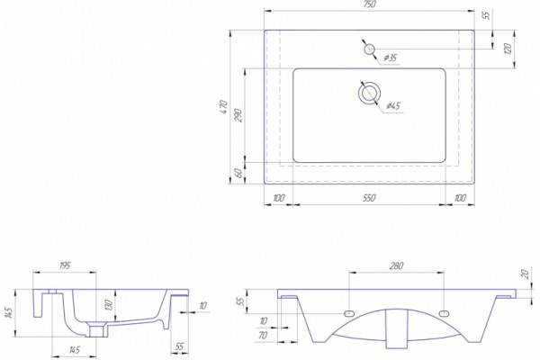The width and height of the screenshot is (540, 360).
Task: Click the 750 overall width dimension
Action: [x=369, y=4]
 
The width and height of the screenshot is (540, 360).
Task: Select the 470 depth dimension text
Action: [x=223, y=107]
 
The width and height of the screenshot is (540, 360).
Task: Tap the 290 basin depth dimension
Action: [x=238, y=116]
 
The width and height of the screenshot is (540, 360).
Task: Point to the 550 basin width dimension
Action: [x=369, y=198]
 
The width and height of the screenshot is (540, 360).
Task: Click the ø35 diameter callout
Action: [x=390, y=58]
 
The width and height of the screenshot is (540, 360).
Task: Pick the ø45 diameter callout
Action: [x=393, y=105]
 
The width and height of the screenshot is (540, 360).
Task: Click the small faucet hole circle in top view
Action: [x=370, y=49]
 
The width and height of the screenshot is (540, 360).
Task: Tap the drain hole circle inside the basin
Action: [x=369, y=93]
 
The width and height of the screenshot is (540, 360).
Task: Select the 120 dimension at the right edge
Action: [x=508, y=49]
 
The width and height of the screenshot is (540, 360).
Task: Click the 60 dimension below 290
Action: [x=238, y=173]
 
